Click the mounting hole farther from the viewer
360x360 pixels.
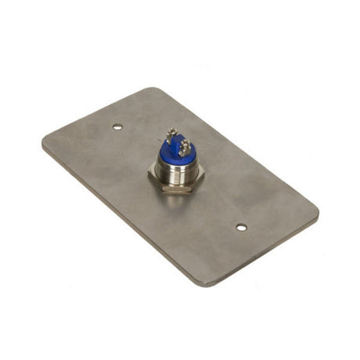(x=117, y=126)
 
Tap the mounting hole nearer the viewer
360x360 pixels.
(x=241, y=227)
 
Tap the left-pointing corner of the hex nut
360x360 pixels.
(x=151, y=182)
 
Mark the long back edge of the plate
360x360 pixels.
(x=235, y=149)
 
